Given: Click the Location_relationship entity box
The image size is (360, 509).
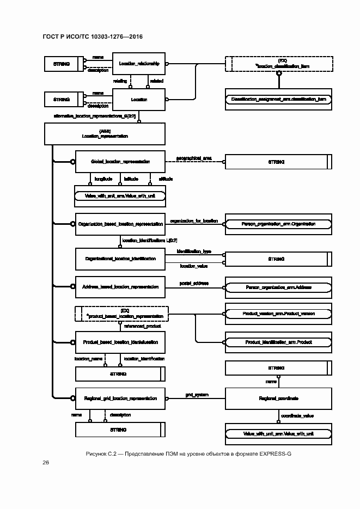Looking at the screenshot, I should (x=139, y=64).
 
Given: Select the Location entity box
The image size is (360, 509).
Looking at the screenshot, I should (x=139, y=100).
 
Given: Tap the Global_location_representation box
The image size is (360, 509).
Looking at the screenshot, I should (x=120, y=162).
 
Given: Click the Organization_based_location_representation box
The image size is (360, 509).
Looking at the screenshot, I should (x=120, y=224).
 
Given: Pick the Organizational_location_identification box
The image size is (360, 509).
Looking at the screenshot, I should (x=120, y=259).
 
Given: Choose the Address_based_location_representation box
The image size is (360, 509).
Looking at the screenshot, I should (x=120, y=286).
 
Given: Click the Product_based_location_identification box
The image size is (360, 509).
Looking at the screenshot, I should (x=120, y=342).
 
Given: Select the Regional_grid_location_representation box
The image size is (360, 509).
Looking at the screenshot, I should (x=120, y=398).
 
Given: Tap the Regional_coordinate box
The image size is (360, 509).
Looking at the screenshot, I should (x=278, y=398).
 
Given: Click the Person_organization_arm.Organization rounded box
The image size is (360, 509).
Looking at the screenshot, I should (x=278, y=224).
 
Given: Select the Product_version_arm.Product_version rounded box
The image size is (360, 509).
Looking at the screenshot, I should (x=278, y=314).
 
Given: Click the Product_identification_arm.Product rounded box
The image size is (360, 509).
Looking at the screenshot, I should (x=278, y=342).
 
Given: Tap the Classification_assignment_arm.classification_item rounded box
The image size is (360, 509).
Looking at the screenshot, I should (x=278, y=100).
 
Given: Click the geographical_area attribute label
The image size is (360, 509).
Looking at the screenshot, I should (x=193, y=158).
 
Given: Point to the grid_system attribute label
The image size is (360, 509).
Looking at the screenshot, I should (x=197, y=394).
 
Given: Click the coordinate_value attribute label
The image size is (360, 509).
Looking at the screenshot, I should (x=297, y=416).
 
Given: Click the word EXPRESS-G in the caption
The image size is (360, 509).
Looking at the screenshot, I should (x=272, y=453).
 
